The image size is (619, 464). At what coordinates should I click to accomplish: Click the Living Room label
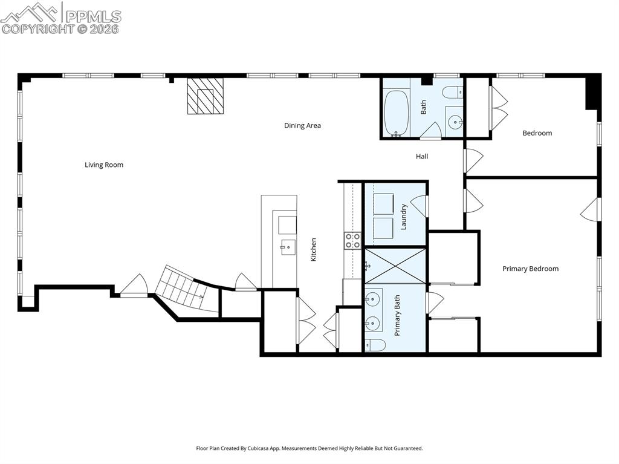(x=104, y=165)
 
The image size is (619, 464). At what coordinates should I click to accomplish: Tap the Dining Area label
(x=302, y=126)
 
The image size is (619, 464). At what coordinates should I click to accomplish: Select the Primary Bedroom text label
(x=530, y=269)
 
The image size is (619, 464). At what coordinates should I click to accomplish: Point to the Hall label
(x=422, y=157)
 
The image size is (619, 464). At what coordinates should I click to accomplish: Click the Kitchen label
(x=314, y=249)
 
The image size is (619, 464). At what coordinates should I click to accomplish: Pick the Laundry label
(x=404, y=217)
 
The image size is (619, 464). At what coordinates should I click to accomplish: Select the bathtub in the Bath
(x=397, y=113)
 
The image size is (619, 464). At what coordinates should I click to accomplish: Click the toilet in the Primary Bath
(x=375, y=345)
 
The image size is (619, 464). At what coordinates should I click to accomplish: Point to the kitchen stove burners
(x=352, y=241)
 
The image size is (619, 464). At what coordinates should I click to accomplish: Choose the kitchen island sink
(x=287, y=247)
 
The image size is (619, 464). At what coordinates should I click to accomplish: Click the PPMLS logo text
(x=93, y=16)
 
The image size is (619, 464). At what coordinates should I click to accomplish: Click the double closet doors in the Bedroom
(x=497, y=108)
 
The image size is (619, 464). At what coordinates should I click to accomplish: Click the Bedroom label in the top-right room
(x=537, y=133)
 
